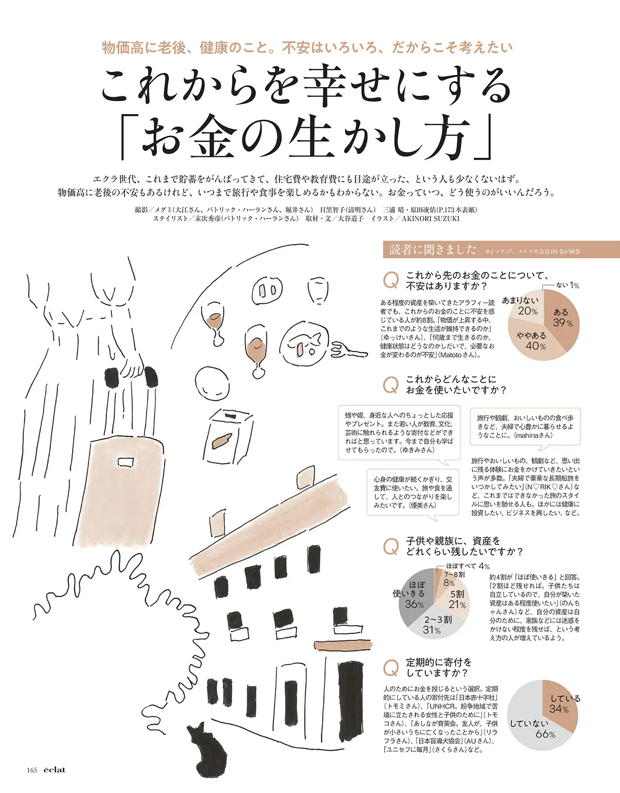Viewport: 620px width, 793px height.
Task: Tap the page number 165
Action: click(32, 770)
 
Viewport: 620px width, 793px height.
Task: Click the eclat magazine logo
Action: click(55, 770)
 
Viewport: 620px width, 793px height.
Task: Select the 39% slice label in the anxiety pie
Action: click(563, 317)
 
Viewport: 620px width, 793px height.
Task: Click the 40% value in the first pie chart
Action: click(536, 345)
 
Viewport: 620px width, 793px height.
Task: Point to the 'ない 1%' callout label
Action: click(567, 285)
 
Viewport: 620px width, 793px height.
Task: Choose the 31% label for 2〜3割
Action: click(432, 630)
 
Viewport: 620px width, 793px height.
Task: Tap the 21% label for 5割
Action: click(457, 604)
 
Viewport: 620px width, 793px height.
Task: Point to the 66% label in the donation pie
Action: click(545, 734)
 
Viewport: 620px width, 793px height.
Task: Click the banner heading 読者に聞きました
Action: click(433, 250)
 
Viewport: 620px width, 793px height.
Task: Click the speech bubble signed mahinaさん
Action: click(525, 427)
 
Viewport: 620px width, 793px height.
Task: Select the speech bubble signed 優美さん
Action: click(413, 492)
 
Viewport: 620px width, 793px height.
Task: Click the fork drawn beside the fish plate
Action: click(349, 351)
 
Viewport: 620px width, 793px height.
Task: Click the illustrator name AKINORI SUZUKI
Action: click(430, 219)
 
